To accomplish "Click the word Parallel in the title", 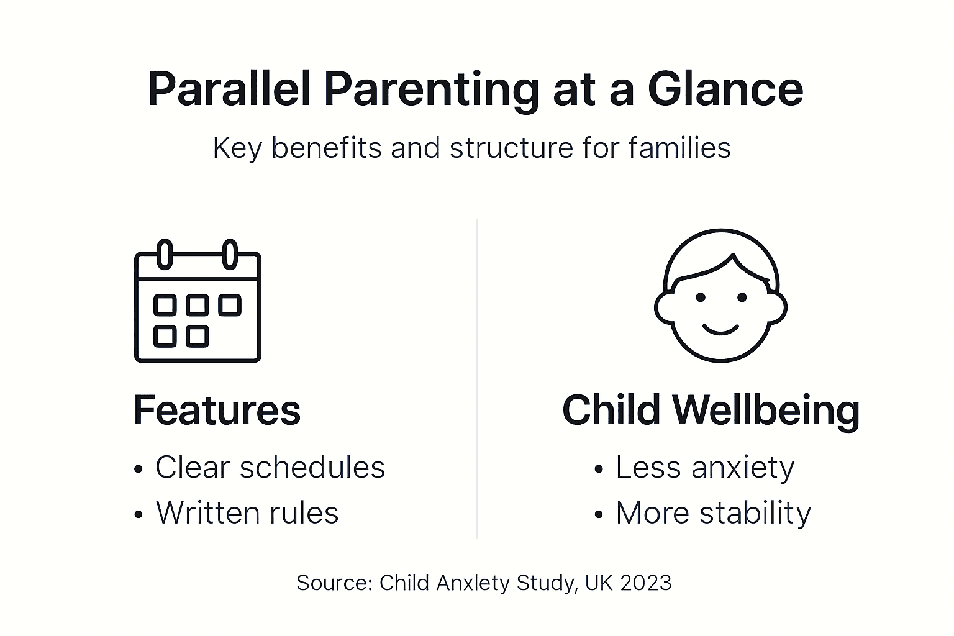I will coord(229,89).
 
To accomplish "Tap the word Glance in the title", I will coord(725,89).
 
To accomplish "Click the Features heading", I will coord(217,410).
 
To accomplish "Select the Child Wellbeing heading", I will coord(711,410).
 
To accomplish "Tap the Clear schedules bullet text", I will coord(270,467).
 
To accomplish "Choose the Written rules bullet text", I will coord(247,513).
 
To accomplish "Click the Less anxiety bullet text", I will coord(704,467).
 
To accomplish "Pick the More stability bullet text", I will coord(713,513).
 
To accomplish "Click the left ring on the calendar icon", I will coord(165,254).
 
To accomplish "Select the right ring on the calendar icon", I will coord(230,254).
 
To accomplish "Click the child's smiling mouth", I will coord(720,329).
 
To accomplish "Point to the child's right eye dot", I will coord(742,298).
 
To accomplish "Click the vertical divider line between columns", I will coord(476,379).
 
